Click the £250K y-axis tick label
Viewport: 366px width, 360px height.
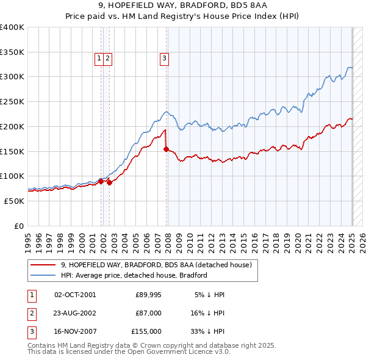[x=12, y=101]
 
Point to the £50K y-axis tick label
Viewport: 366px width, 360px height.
[x=14, y=201]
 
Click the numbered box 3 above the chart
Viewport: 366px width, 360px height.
[x=164, y=59]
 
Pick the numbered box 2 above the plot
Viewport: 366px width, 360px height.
[x=107, y=59]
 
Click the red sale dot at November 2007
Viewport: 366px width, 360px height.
[x=166, y=148]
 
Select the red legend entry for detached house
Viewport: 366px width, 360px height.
[x=160, y=265]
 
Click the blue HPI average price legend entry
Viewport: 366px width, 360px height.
[x=134, y=275]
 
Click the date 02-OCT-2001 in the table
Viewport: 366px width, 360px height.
[x=75, y=295]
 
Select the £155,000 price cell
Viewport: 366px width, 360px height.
[x=146, y=331]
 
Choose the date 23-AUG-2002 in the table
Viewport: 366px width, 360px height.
[x=75, y=313]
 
